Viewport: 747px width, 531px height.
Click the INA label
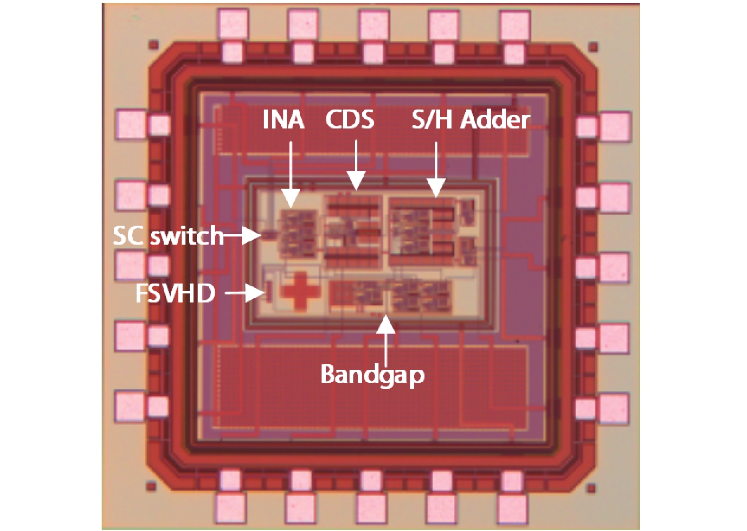[x=283, y=119]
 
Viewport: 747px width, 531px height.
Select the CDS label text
[x=350, y=119]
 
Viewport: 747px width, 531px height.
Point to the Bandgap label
[x=372, y=375]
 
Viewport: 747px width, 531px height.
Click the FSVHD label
[x=175, y=293]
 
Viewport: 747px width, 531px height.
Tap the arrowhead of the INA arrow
[x=291, y=198]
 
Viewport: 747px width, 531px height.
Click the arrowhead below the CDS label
[x=356, y=181]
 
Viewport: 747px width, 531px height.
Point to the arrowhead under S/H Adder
[x=436, y=188]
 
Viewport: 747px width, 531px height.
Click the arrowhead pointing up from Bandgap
[x=386, y=324]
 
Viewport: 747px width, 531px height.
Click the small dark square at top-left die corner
[x=153, y=45]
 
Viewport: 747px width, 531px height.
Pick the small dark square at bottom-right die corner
[x=591, y=489]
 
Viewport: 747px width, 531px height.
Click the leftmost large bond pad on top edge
[x=233, y=24]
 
